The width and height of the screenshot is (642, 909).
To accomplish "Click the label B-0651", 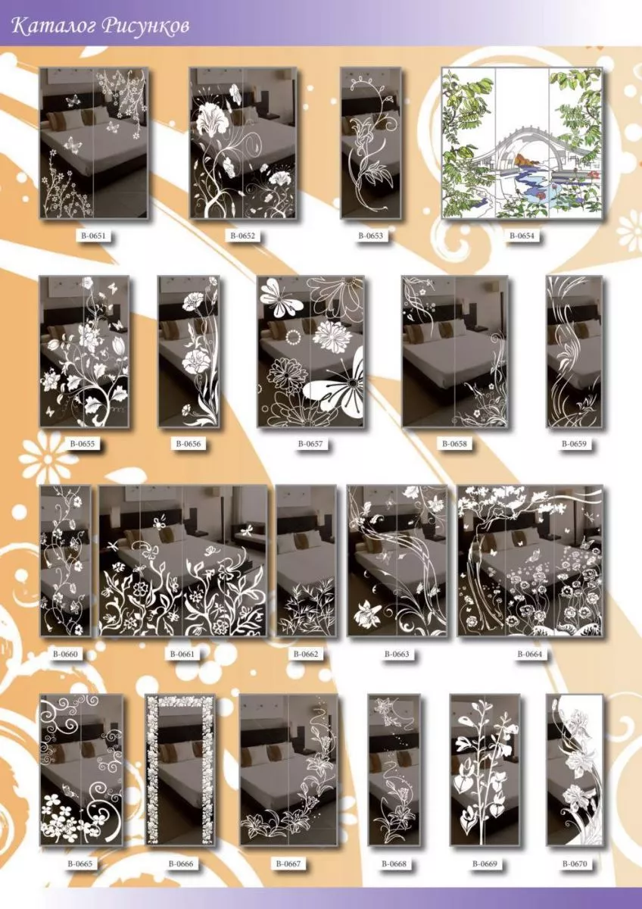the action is coord(93,236).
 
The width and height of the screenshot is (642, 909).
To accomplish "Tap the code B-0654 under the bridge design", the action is coord(522,236).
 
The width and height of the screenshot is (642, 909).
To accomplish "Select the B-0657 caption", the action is coord(310,444).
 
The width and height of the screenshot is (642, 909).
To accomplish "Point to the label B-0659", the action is coord(574,444).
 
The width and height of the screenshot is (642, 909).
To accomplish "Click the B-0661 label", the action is coord(182,654).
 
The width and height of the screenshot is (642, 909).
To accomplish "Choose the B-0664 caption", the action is coord(529,654).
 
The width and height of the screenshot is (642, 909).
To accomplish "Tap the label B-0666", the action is coord(181,864).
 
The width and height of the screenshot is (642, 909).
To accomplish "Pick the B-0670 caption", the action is coord(575,864).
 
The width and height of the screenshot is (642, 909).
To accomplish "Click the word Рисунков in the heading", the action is coord(145,27).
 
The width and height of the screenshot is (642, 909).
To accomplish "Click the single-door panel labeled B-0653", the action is coord(371,143).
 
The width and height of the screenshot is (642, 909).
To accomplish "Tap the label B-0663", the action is coord(397,654).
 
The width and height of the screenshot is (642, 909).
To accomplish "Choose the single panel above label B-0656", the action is coord(189,351).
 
